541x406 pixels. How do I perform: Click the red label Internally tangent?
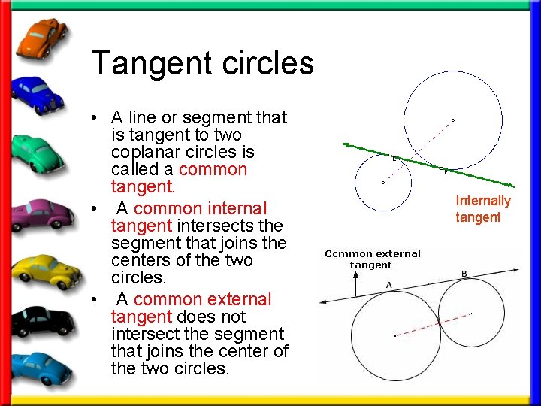pos(483,209)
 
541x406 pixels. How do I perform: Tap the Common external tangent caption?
pos(373,259)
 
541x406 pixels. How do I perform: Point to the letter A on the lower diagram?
pos(388,284)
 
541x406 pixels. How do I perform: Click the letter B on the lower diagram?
pos(464,273)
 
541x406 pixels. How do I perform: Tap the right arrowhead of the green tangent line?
pos(512,186)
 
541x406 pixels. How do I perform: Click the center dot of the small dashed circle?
pos(383,182)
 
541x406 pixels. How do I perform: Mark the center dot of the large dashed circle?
pos(452,120)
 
